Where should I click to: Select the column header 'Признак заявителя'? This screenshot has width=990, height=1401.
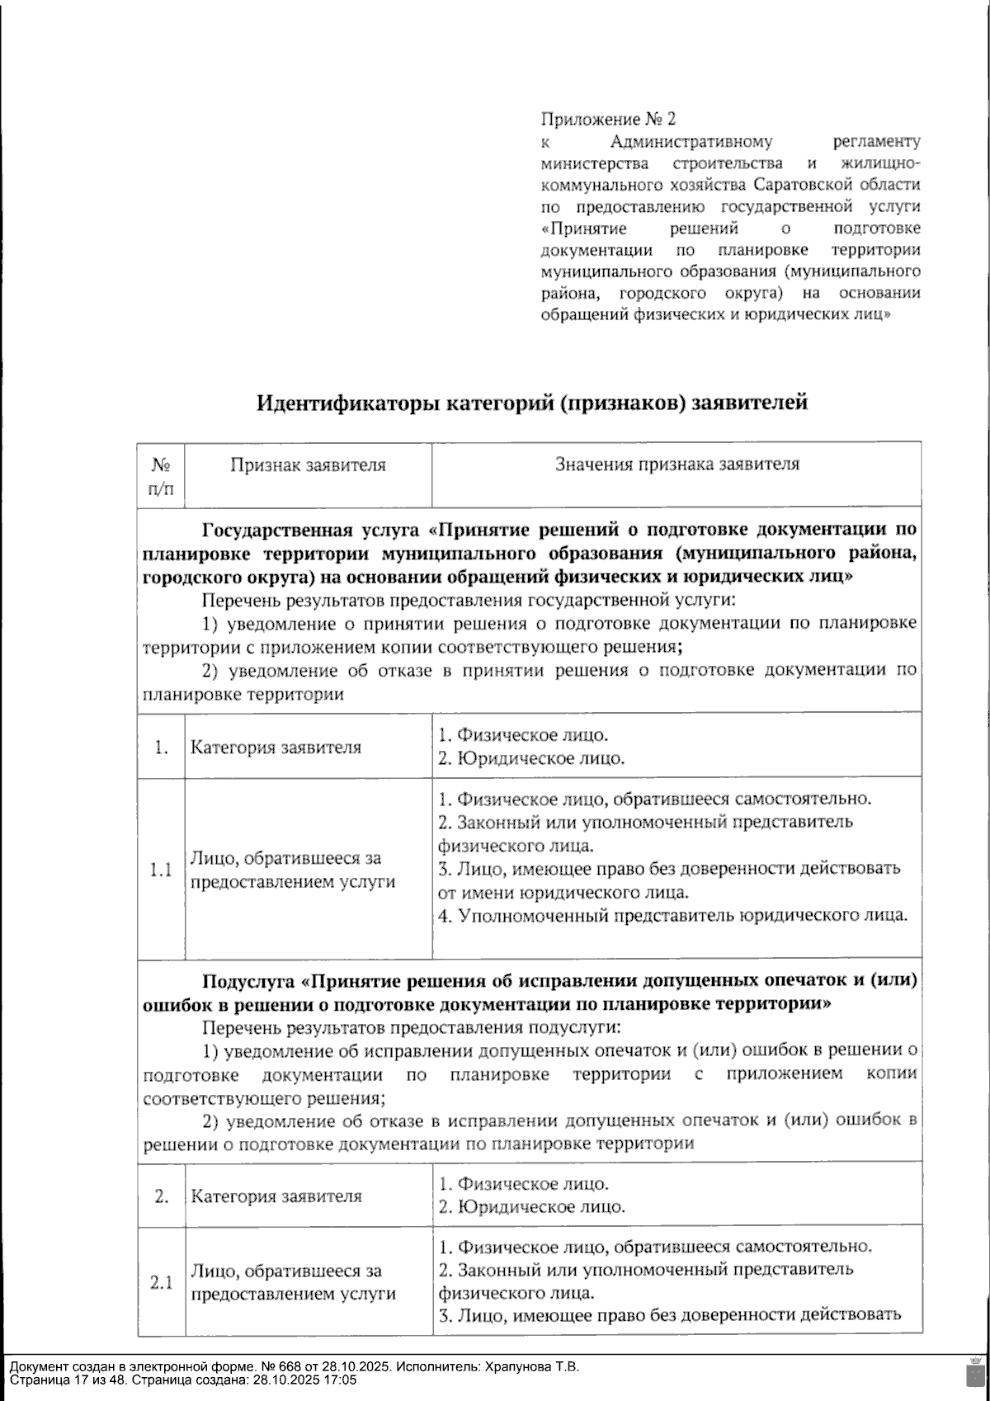click(x=308, y=465)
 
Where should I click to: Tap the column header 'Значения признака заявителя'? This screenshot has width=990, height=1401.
click(x=676, y=465)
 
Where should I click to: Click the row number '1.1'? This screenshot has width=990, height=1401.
click(x=161, y=870)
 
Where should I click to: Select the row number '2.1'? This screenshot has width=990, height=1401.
click(x=161, y=1283)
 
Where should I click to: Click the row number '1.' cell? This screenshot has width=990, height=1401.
click(x=161, y=748)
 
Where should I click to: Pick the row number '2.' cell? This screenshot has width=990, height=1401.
click(x=161, y=1196)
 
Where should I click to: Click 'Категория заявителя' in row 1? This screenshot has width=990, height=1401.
click(x=276, y=748)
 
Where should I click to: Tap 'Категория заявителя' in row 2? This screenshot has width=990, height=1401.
click(x=276, y=1196)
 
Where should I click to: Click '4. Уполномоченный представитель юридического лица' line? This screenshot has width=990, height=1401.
click(x=673, y=915)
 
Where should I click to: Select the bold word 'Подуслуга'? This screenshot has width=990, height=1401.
click(x=248, y=982)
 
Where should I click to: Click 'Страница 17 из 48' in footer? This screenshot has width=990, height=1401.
click(x=66, y=1380)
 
